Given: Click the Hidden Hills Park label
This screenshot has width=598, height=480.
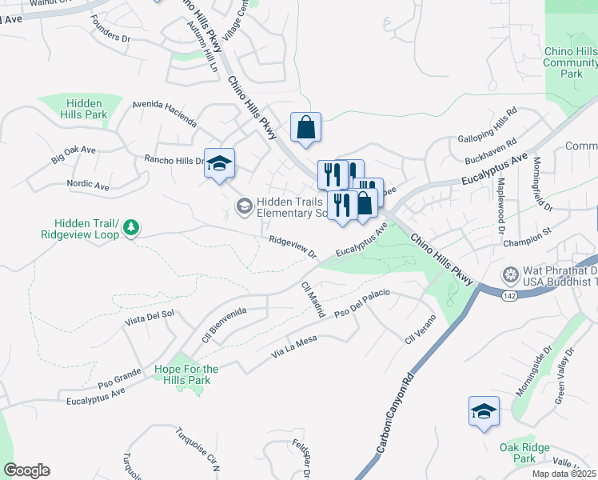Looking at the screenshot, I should tap(84, 109).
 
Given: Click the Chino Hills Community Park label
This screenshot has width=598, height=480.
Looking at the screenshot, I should tap(571, 62).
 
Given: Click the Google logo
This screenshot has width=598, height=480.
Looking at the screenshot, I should tap(26, 470).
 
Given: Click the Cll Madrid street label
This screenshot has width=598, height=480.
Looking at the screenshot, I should tap(312, 299).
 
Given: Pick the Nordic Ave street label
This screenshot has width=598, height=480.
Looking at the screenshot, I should tap(88, 185).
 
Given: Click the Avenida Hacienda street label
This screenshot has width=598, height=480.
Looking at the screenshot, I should tap(164, 114).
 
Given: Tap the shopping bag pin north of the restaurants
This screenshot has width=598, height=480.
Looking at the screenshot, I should tap(305, 127).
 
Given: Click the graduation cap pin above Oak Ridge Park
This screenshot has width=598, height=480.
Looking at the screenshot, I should tap(484, 411).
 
